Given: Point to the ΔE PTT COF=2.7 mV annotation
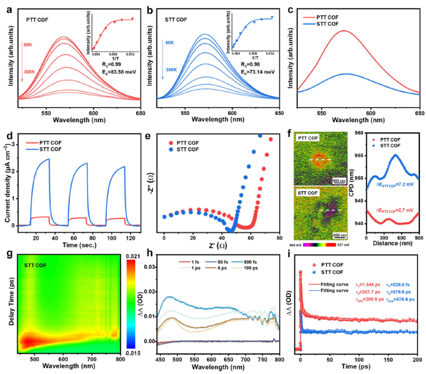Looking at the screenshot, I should (393, 210).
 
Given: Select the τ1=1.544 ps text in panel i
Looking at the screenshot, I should (368, 284).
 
